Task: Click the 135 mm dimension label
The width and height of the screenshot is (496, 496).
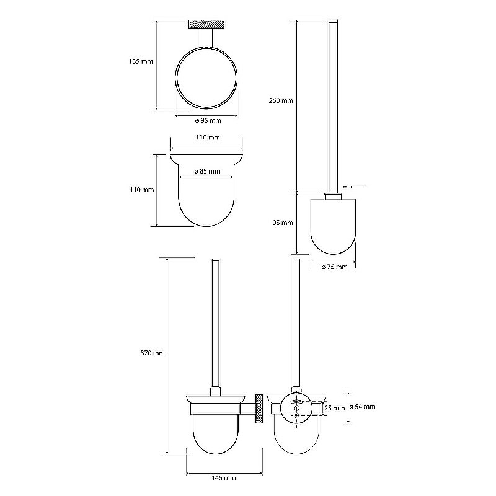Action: coord(141,61)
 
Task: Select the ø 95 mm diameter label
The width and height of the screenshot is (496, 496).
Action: coord(208,120)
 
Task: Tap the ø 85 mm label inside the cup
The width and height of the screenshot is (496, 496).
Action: coord(207,172)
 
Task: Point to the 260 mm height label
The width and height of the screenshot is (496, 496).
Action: coord(281,100)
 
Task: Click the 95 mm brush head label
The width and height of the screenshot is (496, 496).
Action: coord(283,223)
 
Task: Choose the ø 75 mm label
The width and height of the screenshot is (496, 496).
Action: coord(334,267)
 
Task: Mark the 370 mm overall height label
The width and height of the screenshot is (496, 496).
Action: coord(153,353)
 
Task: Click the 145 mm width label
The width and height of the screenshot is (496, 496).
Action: coord(224,478)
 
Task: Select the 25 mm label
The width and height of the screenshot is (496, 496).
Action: coord(334,409)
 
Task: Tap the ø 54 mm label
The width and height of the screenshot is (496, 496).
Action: coord(362,407)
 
